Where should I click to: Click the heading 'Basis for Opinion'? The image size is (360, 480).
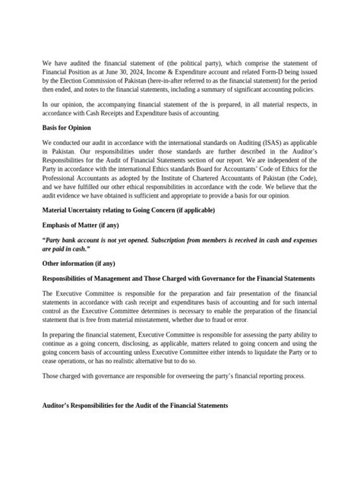pyautogui.click(x=69, y=128)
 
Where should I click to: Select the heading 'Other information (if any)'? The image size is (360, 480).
pyautogui.click(x=79, y=264)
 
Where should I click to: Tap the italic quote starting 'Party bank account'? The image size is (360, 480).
pyautogui.click(x=178, y=244)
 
